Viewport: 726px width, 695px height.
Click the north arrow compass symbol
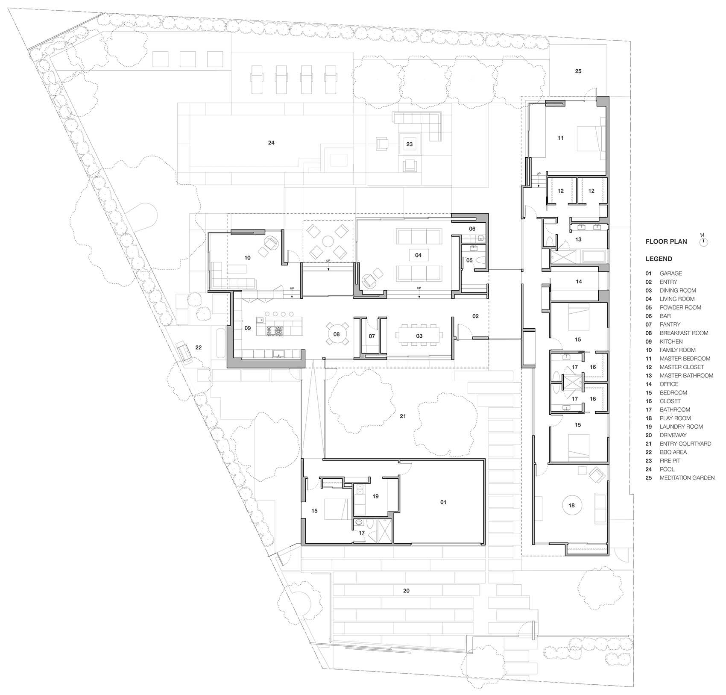pos(704,242)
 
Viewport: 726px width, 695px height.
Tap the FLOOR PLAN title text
pos(666,241)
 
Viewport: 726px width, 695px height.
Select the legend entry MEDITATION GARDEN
pos(687,478)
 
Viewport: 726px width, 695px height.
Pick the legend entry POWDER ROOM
pos(680,307)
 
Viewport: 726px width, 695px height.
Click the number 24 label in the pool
pos(271,143)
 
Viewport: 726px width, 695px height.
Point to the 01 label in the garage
pos(443,502)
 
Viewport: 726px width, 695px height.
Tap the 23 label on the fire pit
pos(410,144)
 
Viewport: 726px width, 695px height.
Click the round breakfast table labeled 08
pos(337,334)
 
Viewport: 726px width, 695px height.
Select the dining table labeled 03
pos(419,336)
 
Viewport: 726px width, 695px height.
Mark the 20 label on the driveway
pos(406,591)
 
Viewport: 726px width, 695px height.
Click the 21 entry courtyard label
pos(403,416)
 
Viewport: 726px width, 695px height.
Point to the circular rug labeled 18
pos(571,505)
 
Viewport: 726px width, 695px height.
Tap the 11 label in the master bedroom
pos(561,138)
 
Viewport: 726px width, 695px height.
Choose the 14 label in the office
pos(579,282)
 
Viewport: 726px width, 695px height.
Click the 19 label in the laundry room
pos(376,496)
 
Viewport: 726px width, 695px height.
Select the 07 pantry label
pos(372,336)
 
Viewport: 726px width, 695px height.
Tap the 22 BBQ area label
pos(198,347)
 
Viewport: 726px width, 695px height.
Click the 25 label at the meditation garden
pos(578,71)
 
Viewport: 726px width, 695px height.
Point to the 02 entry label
pos(475,316)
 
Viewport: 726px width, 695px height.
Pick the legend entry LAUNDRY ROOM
pos(681,427)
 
